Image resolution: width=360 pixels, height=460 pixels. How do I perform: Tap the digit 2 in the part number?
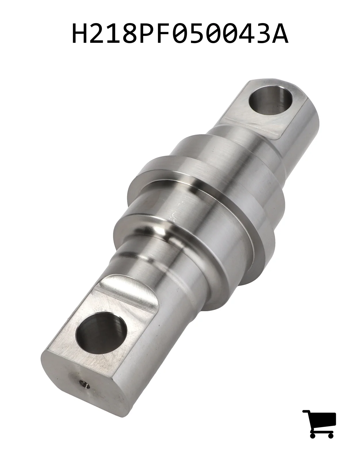(x=97, y=33)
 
